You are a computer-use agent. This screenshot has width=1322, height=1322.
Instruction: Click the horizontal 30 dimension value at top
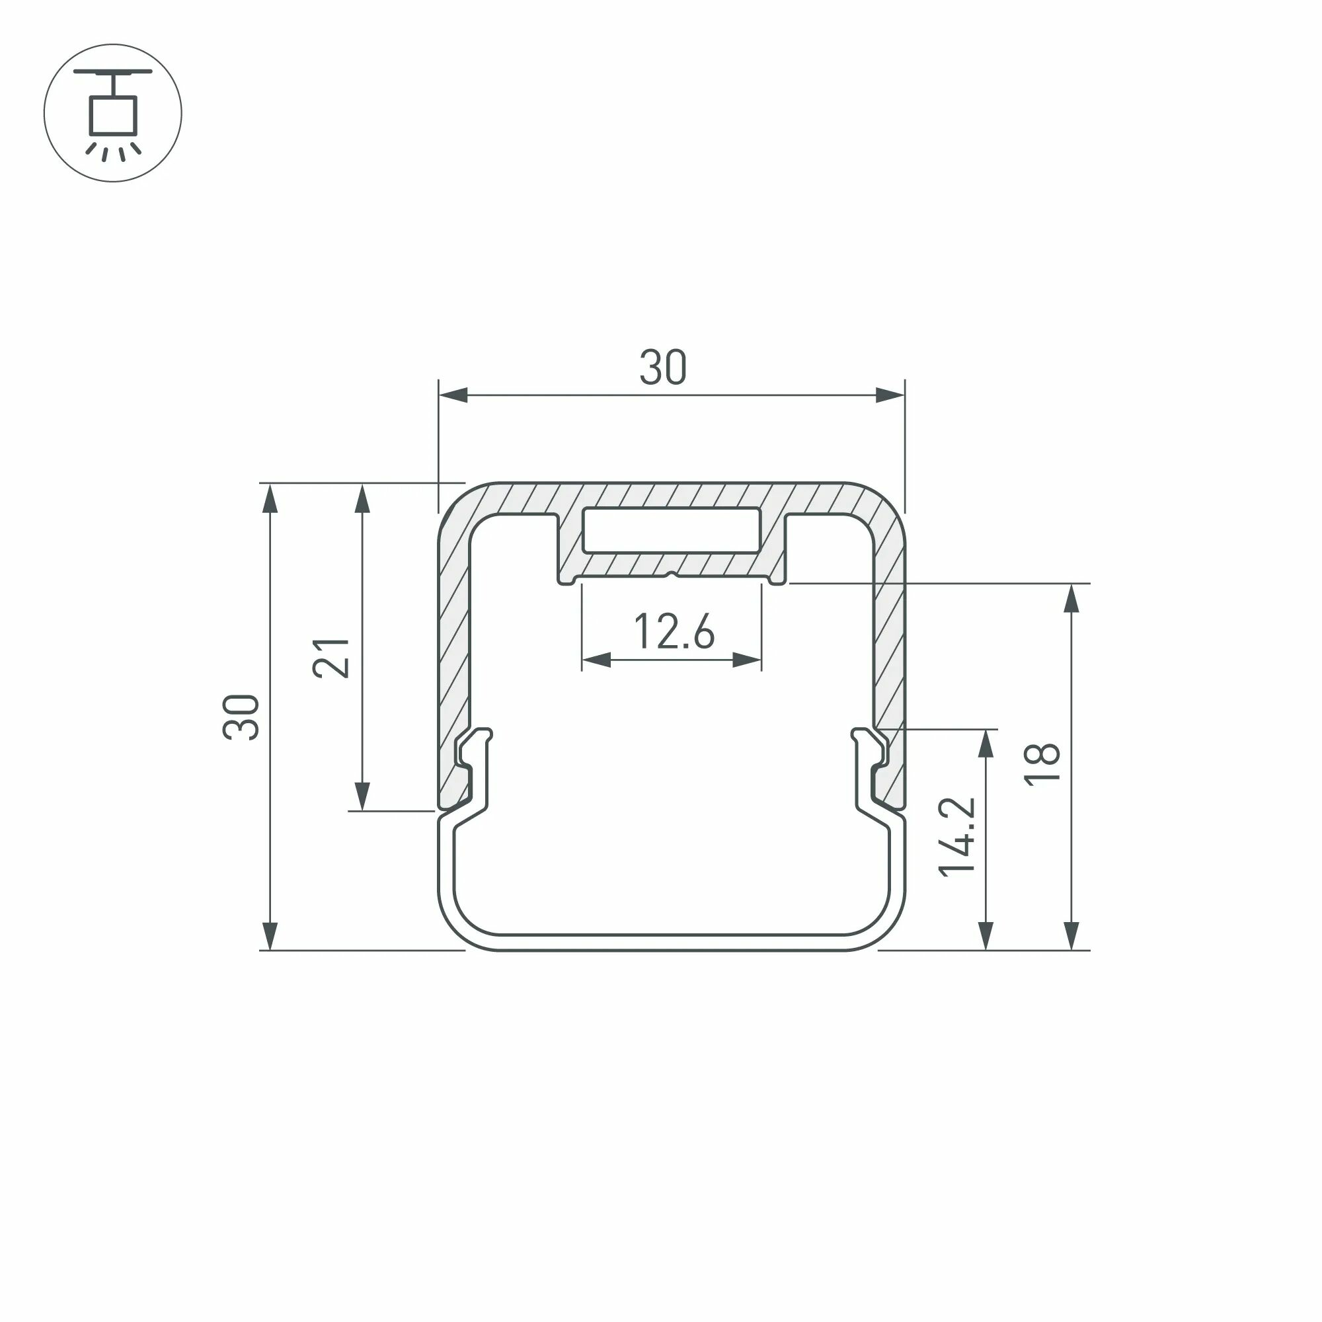pyautogui.click(x=662, y=368)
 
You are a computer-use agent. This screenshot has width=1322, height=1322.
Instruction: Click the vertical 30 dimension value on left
pyautogui.click(x=241, y=717)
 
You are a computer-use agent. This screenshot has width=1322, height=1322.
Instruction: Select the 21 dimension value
pyautogui.click(x=331, y=658)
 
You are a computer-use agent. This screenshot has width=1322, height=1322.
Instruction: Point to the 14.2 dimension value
pyautogui.click(x=956, y=836)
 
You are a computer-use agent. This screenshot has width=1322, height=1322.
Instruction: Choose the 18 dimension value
pyautogui.click(x=1042, y=763)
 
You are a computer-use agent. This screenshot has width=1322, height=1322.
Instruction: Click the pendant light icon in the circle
pyautogui.click(x=113, y=114)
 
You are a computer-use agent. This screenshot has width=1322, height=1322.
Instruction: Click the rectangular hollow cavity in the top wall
pyautogui.click(x=672, y=529)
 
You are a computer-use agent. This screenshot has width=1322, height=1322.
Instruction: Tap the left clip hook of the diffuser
pyautogui.click(x=473, y=769)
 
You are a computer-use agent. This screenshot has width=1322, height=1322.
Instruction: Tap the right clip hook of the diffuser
pyautogui.click(x=870, y=769)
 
